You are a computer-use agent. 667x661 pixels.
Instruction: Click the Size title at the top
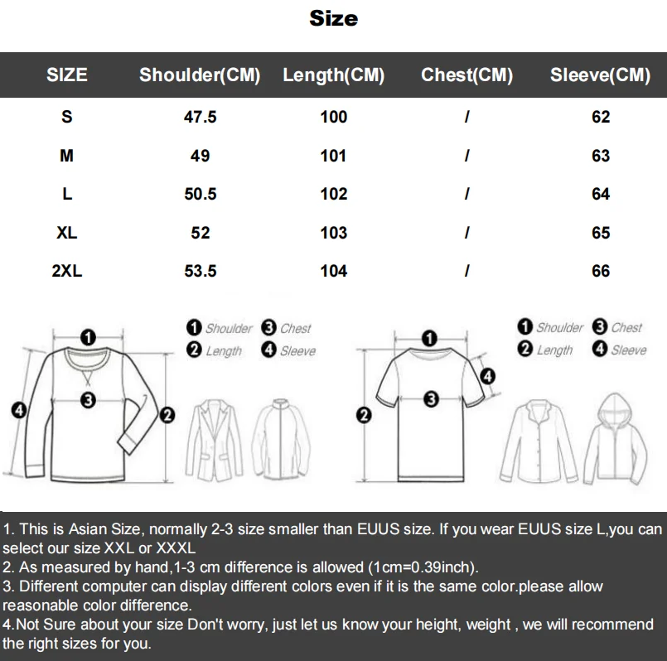(x=333, y=18)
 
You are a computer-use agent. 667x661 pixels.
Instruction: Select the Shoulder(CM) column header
(x=200, y=75)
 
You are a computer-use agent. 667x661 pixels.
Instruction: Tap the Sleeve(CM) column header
(x=600, y=75)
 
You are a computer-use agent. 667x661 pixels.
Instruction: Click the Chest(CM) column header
(x=466, y=75)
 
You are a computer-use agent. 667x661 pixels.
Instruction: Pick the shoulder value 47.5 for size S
(x=200, y=117)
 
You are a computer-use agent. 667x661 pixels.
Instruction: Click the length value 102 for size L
(x=333, y=194)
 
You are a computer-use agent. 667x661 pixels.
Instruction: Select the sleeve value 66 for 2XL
(x=601, y=271)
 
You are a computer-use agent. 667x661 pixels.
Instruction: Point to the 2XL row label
(x=67, y=271)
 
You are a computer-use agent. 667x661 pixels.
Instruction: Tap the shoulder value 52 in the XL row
(x=200, y=233)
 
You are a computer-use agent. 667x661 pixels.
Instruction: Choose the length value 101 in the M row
(x=333, y=156)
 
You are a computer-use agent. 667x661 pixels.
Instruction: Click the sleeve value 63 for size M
(x=601, y=156)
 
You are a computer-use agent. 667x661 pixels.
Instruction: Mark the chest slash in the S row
(x=467, y=117)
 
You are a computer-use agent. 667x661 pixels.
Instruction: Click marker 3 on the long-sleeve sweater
(x=87, y=400)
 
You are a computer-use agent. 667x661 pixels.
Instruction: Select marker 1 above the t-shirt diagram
(x=429, y=337)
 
